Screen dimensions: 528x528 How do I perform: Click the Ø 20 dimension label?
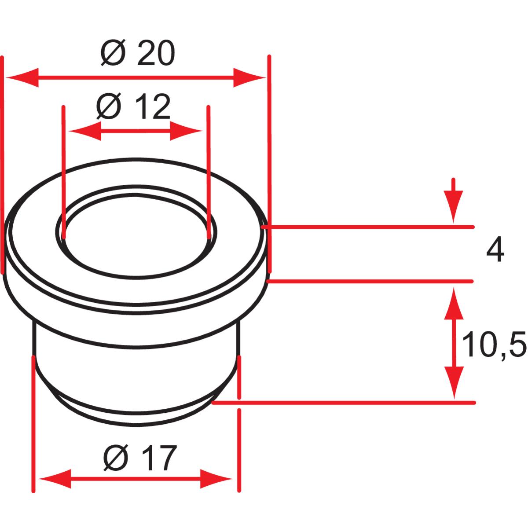[x=138, y=53]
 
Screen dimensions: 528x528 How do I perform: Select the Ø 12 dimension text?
[x=133, y=106]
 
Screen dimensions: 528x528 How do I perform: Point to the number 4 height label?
[x=495, y=252]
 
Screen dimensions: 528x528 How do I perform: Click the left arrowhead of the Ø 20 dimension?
[x=22, y=77]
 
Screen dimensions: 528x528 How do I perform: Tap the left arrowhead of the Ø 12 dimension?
[x=85, y=131]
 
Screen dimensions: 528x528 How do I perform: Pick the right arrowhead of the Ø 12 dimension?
[x=186, y=131]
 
